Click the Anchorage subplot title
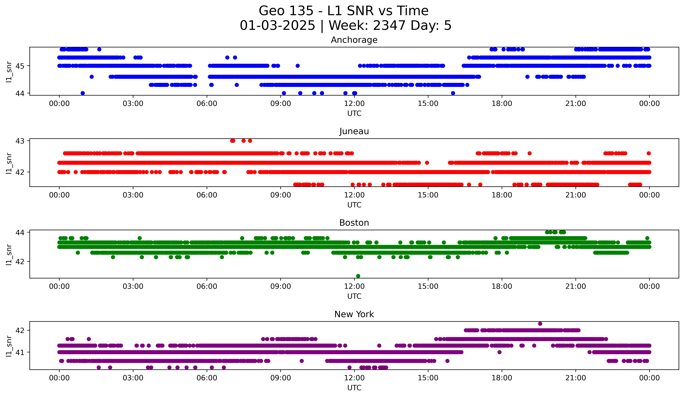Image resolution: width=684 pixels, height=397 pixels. click(x=354, y=40)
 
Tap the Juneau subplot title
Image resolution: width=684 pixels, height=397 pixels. click(x=354, y=131)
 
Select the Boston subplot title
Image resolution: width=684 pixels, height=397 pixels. click(x=354, y=223)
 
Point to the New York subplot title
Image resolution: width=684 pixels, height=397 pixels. click(x=354, y=314)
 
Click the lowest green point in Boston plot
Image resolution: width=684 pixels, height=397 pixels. click(x=358, y=276)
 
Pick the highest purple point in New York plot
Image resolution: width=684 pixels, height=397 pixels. click(x=540, y=324)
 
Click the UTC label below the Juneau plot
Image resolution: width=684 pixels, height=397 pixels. click(x=354, y=205)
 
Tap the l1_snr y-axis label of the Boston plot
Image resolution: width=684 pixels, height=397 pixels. click(x=9, y=254)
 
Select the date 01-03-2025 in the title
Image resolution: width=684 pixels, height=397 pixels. click(x=277, y=26)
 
